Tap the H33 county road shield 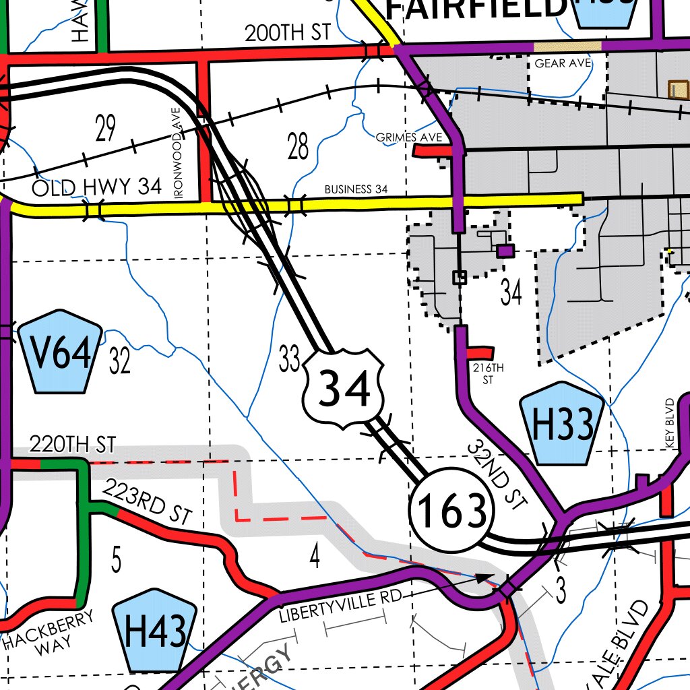tap(562, 424)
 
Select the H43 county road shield tap(155, 631)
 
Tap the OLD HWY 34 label tap(97, 187)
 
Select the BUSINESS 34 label tap(356, 189)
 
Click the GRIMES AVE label tap(409, 137)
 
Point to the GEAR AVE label tap(563, 63)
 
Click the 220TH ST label tap(73, 444)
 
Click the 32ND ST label tap(497, 474)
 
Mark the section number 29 tap(105, 128)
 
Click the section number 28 tap(298, 146)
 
